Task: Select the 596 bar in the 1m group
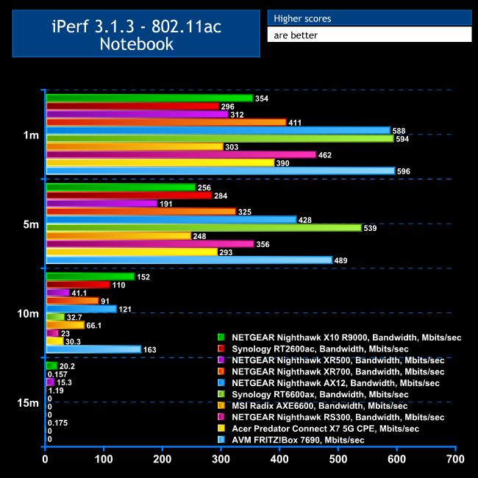tap(221, 171)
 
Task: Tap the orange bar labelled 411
tap(165, 122)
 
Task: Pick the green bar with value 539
tap(204, 228)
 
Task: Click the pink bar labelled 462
tap(181, 154)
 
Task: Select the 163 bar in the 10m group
tap(93, 349)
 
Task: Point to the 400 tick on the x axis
tap(279, 460)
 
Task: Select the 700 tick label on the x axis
tap(455, 460)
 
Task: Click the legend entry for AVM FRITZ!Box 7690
tap(298, 440)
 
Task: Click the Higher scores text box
tap(369, 18)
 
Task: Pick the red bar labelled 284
tap(129, 196)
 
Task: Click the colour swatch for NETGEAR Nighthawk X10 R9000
tap(221, 337)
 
